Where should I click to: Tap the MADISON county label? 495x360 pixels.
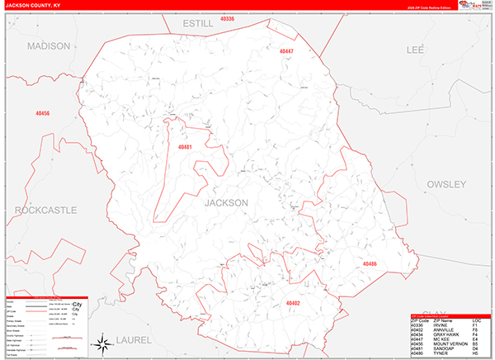click(x=49, y=46)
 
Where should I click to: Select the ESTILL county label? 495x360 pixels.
click(x=198, y=23)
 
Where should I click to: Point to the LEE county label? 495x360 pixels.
click(x=415, y=50)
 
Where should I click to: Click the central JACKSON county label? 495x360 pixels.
click(x=225, y=202)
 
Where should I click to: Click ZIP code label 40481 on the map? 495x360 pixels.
click(x=185, y=148)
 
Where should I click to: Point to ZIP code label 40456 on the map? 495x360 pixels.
click(x=43, y=113)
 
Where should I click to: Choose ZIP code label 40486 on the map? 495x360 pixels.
click(x=369, y=263)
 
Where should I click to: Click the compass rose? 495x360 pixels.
click(x=101, y=343)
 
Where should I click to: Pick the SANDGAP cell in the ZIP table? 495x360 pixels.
click(x=436, y=348)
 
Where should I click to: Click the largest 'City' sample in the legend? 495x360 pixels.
click(x=78, y=305)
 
